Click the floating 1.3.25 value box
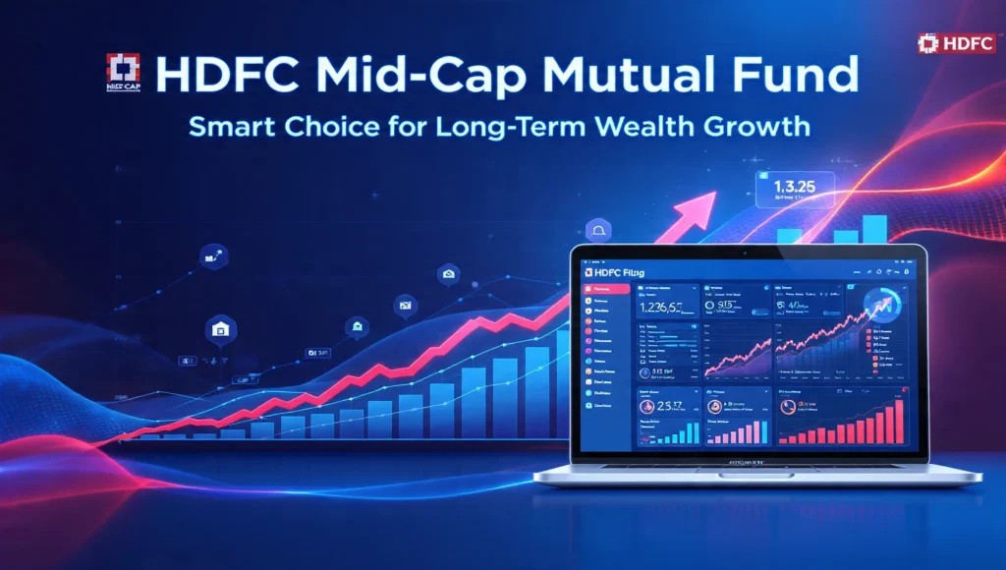tap(793, 190)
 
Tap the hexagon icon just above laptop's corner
tap(596, 231)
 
